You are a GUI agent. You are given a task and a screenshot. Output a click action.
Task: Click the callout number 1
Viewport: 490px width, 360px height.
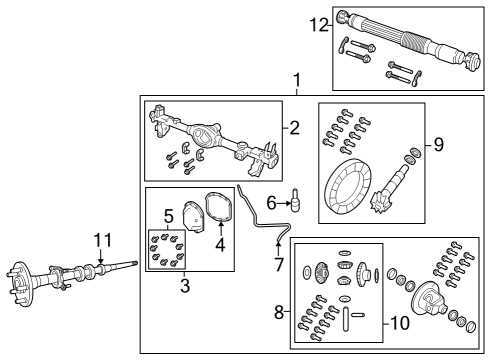coord(296,80)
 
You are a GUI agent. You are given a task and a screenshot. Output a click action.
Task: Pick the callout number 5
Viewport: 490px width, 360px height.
coord(168,215)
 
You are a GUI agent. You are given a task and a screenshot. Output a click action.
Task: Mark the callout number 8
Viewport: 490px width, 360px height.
coord(279,312)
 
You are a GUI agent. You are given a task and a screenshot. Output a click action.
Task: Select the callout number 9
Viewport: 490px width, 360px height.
coord(437,144)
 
